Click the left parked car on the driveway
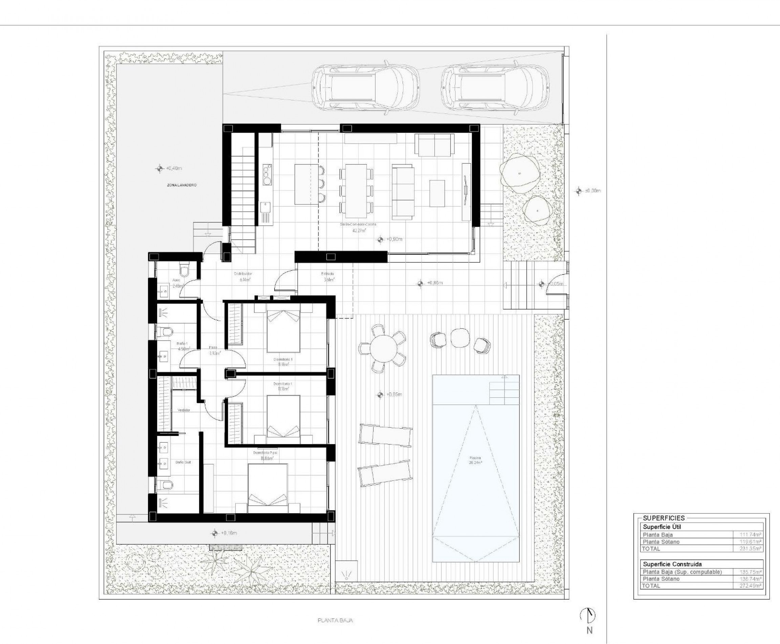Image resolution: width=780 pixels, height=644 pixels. click(365, 87)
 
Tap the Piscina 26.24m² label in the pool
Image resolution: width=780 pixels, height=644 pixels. click(475, 460)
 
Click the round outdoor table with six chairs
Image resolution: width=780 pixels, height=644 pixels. click(383, 348)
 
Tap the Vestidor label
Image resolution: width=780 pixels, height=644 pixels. click(184, 410)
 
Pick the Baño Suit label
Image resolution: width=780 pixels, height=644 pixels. click(183, 462)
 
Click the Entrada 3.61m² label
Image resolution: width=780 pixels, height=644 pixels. click(328, 277)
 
